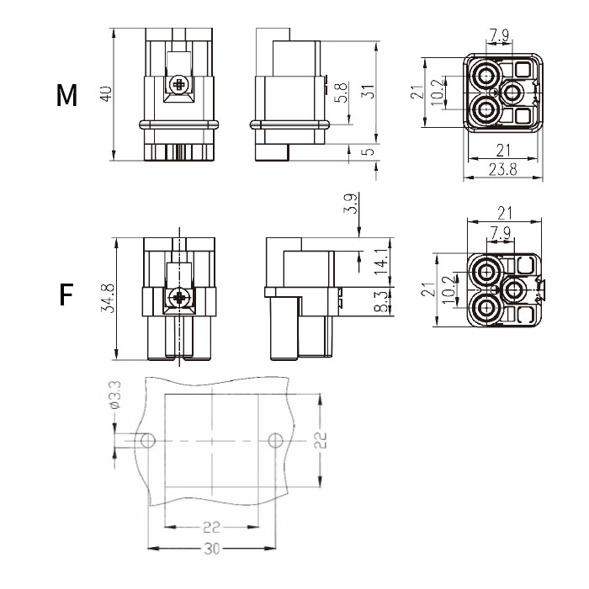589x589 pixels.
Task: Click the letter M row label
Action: click(x=66, y=96)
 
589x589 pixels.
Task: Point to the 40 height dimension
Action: click(x=106, y=93)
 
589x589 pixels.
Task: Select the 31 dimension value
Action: click(x=367, y=92)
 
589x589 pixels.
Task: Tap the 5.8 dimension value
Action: click(x=340, y=92)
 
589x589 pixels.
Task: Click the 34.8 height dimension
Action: click(x=108, y=298)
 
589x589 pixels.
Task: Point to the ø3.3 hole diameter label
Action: click(x=115, y=395)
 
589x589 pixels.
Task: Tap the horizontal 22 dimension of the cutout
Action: click(x=211, y=528)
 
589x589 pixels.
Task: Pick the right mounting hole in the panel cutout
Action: click(x=274, y=440)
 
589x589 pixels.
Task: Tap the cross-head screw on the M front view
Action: click(x=178, y=85)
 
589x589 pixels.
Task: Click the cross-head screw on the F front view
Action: click(x=178, y=298)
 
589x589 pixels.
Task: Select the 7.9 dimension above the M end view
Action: click(x=498, y=35)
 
